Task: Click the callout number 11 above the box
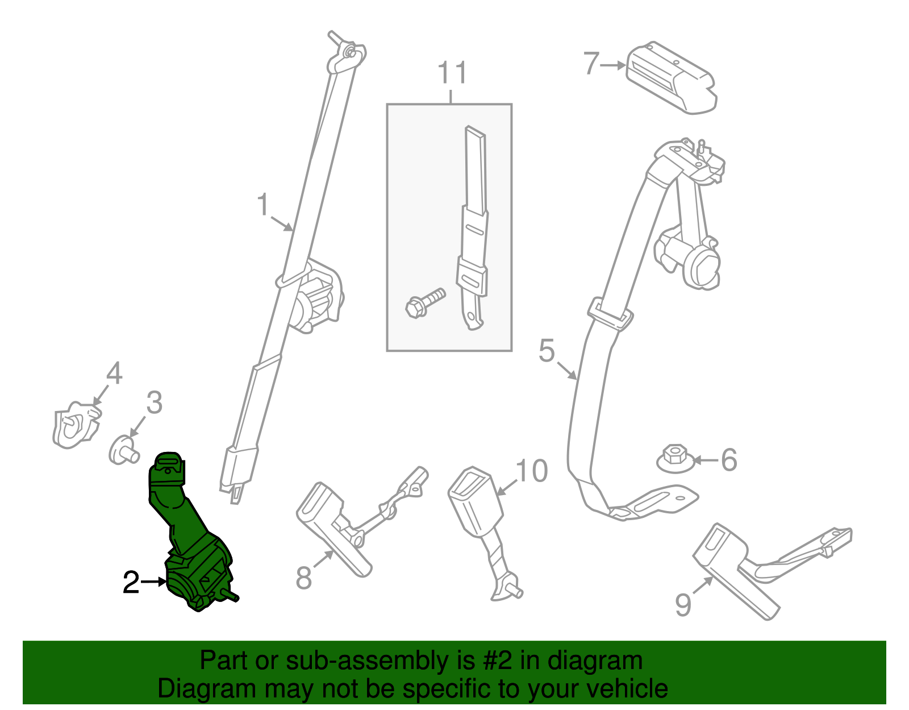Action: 452,73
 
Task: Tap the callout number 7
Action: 591,63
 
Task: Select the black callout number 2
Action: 131,583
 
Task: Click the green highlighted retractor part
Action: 190,540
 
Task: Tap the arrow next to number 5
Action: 566,370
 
